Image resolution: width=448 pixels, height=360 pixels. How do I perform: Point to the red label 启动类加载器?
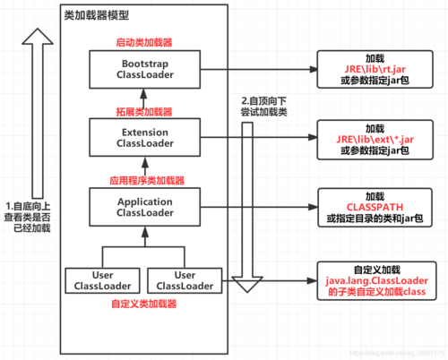144,42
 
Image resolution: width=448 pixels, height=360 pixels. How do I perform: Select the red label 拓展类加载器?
144,111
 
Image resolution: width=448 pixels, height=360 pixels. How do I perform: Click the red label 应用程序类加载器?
144,179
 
